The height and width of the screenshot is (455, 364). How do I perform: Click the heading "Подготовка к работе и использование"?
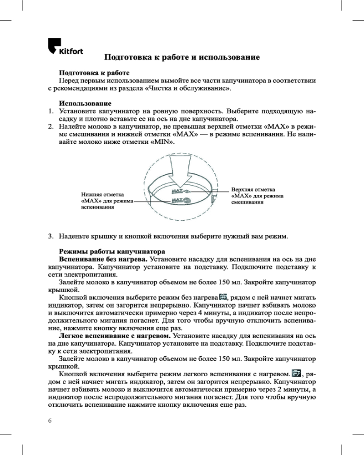pos(182,58)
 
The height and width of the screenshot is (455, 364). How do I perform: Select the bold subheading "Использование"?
pos(86,103)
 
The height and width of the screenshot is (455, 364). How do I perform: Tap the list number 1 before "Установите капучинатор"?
pos(51,111)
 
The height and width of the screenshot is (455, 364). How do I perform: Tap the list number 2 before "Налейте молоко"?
pos(51,126)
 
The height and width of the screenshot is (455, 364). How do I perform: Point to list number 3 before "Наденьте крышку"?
pos(51,237)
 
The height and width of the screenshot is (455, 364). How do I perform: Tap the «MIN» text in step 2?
pos(164,142)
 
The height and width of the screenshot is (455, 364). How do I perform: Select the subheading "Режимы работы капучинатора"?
pos(111,252)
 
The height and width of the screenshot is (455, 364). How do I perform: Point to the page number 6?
pos(50,420)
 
